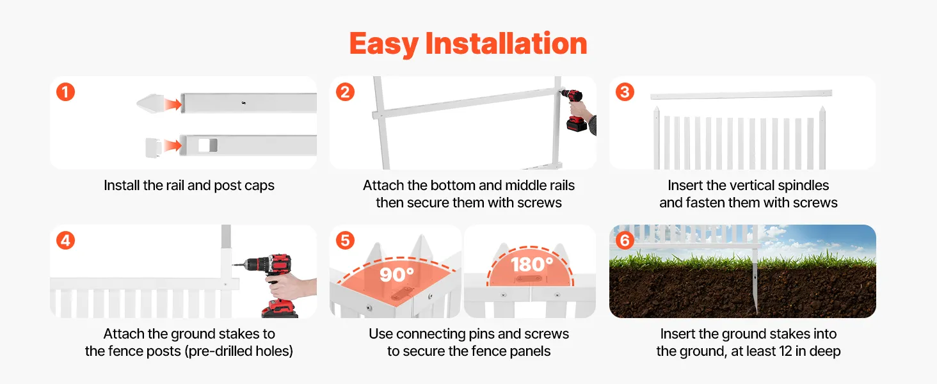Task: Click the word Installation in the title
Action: coord(506,44)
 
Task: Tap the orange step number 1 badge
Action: coord(66,92)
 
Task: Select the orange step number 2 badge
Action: coord(345,92)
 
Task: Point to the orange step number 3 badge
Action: coord(625,92)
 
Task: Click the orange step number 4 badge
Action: coord(66,241)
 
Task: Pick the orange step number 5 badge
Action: coord(345,241)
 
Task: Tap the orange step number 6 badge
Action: coord(625,241)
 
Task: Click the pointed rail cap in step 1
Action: coord(150,103)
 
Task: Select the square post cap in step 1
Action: coord(154,148)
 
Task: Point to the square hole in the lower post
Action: coord(207,145)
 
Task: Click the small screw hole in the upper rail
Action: coord(243,102)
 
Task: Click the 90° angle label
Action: coord(397,275)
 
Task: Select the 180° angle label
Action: coord(532,264)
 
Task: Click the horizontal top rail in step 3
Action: coord(741,95)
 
